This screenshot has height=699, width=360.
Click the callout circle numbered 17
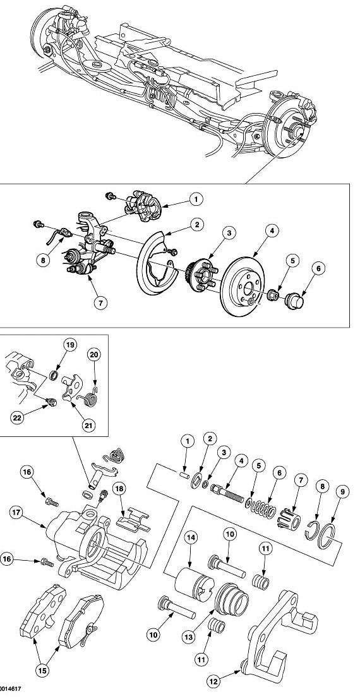point(17,513)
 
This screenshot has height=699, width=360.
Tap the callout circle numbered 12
point(213,681)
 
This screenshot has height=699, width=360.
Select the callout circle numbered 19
point(69,345)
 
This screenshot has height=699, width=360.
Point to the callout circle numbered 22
point(17,418)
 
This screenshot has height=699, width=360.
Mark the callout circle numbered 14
point(191,539)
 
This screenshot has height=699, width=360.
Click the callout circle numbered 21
point(88,425)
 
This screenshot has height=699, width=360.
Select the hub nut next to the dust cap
point(273,295)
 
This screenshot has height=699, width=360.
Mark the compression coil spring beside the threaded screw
point(261,509)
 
